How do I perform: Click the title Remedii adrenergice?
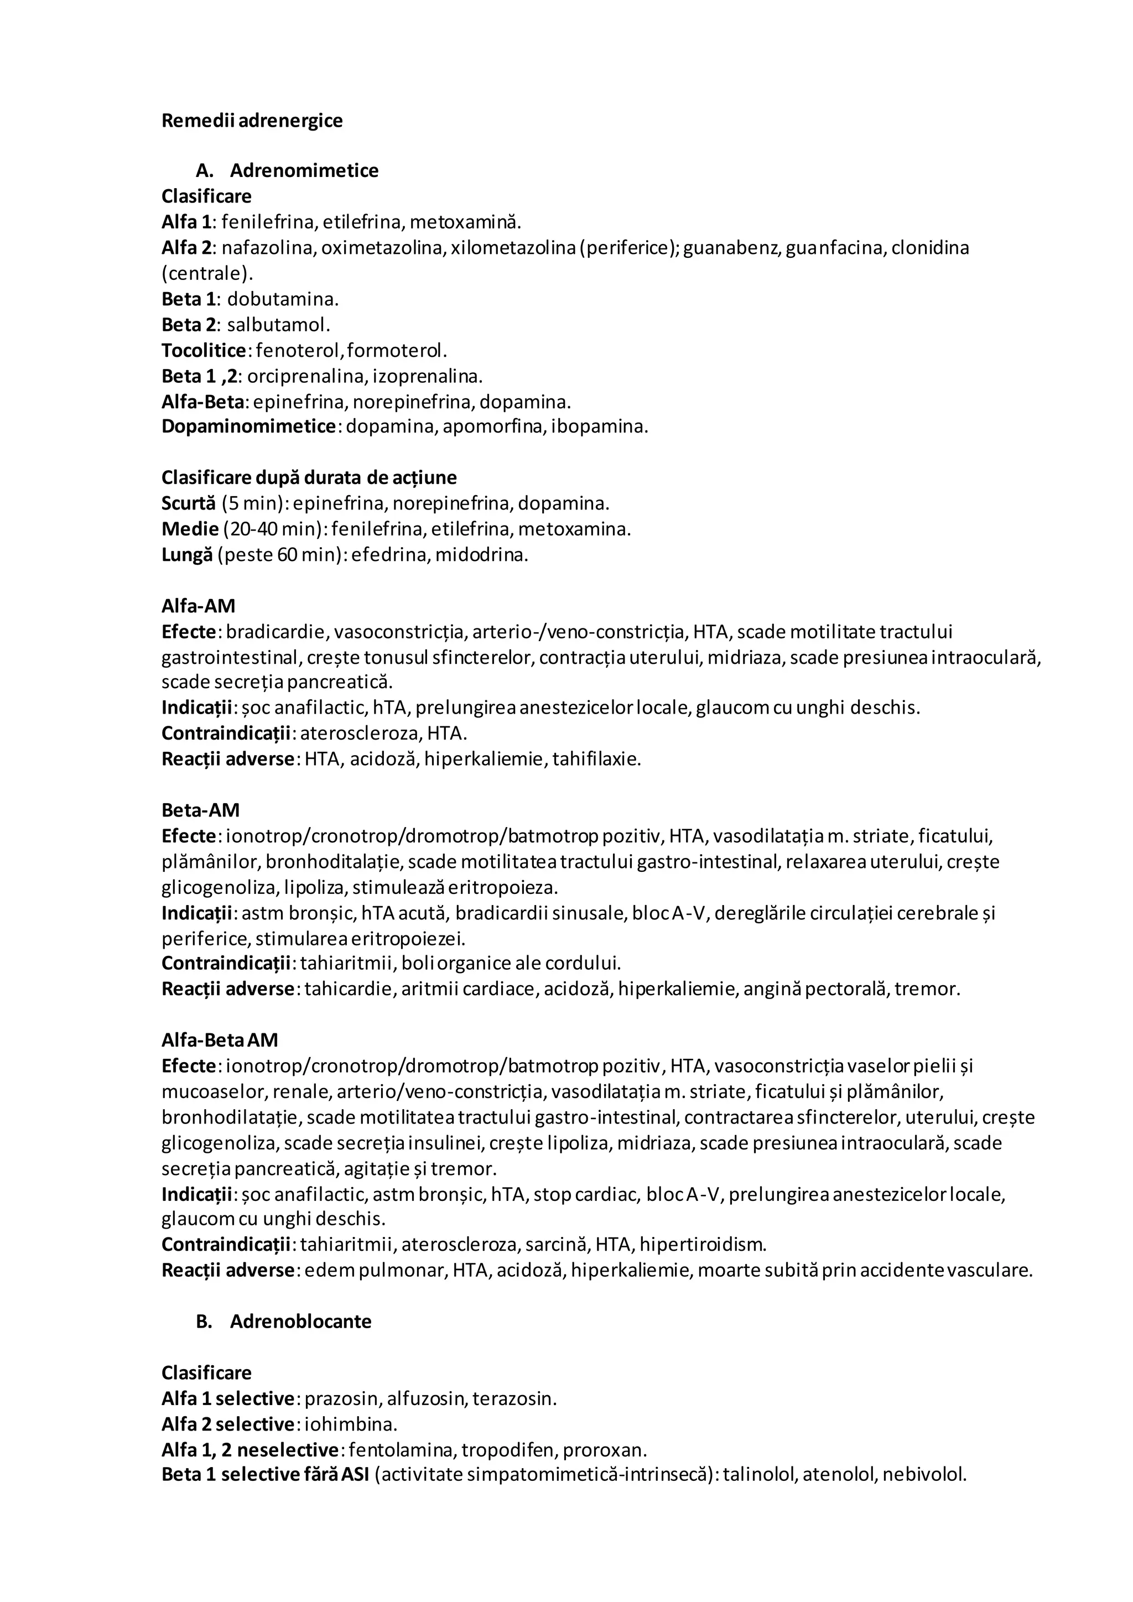252,121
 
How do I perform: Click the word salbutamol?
278,325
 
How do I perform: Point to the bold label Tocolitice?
204,350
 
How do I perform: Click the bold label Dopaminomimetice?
248,426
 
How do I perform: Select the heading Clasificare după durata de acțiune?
309,478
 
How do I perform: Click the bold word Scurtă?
188,504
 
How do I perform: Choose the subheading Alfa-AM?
198,606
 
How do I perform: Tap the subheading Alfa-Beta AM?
220,1041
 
